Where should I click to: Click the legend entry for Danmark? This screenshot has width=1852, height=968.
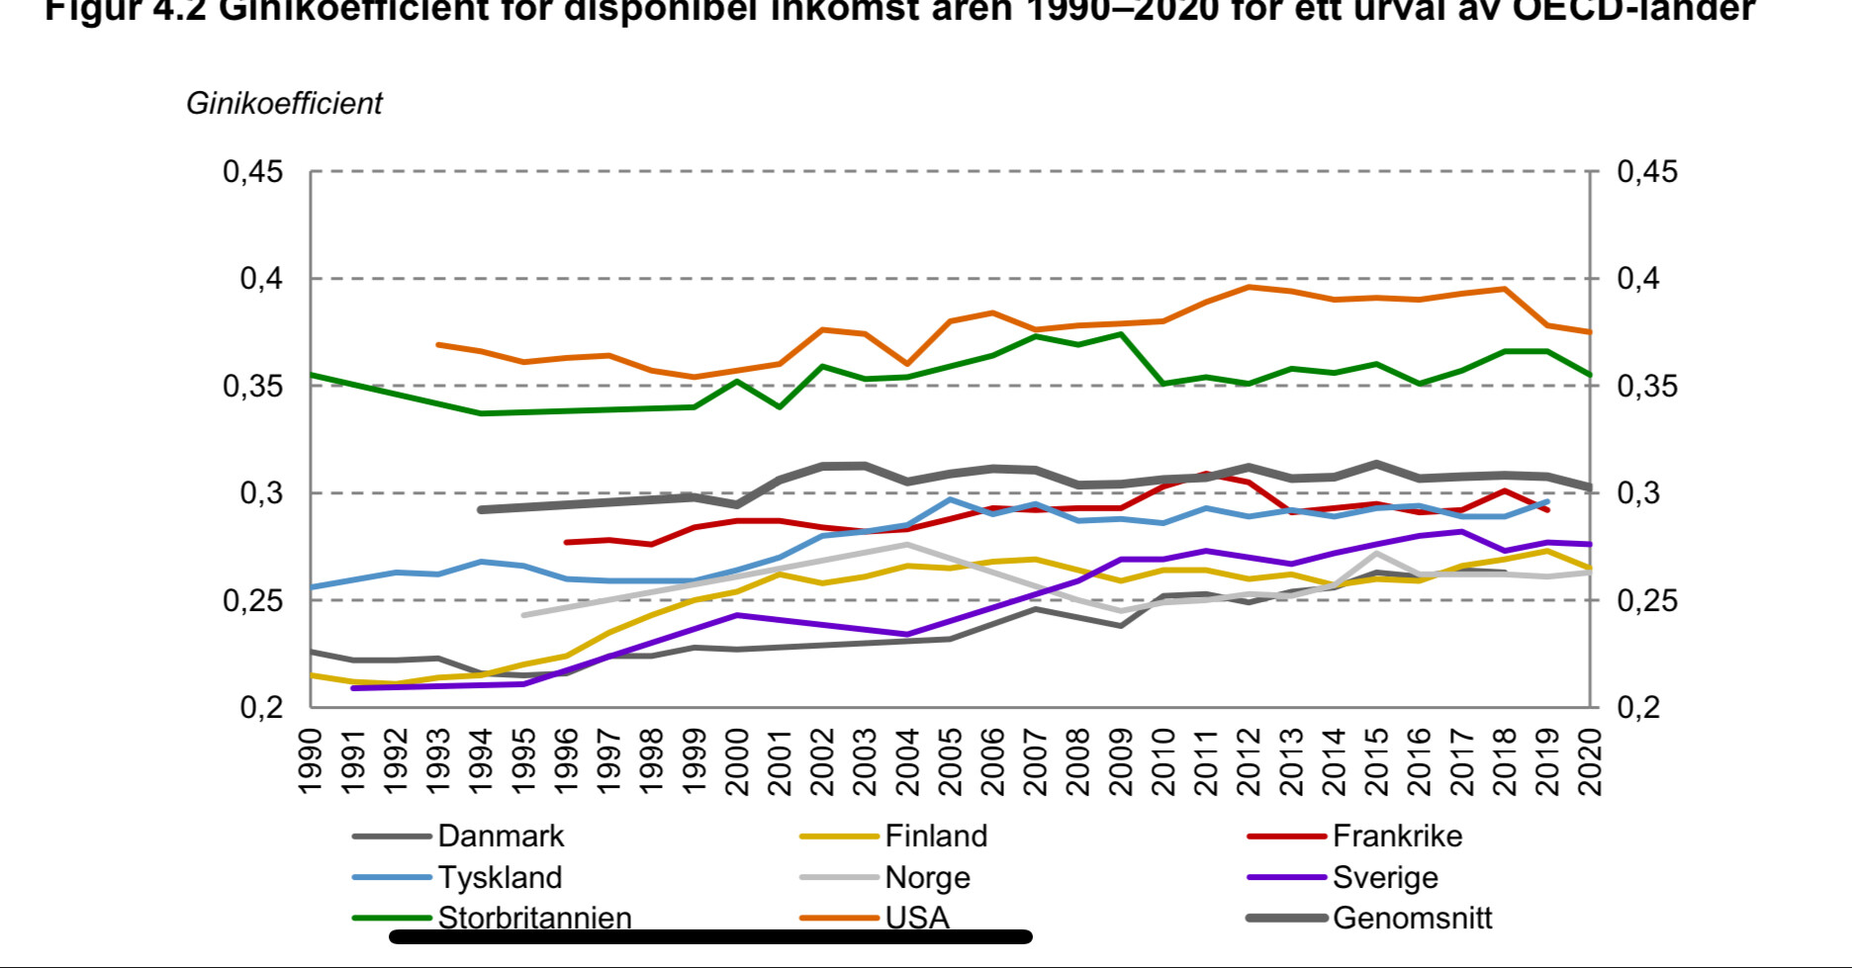(x=500, y=836)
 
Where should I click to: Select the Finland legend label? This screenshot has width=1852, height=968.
(x=936, y=836)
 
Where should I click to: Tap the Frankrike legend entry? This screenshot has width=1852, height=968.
(x=1397, y=836)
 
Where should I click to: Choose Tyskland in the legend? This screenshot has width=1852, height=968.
(x=500, y=878)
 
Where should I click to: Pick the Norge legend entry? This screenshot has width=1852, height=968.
(x=927, y=878)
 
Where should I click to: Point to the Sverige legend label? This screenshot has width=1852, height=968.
(x=1385, y=878)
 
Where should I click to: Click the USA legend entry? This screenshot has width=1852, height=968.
(x=917, y=919)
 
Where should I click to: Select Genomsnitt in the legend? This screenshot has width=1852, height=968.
(x=1412, y=919)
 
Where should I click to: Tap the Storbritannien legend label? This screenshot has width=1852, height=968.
(x=534, y=919)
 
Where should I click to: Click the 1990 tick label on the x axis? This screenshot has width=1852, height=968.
(x=311, y=761)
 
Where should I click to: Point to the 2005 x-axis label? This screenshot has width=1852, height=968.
(x=951, y=761)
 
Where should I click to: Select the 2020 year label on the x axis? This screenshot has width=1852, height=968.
(x=1590, y=761)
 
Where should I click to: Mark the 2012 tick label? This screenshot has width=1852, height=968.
(x=1250, y=761)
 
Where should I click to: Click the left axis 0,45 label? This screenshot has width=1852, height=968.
(x=253, y=172)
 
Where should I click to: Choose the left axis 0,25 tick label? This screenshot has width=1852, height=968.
(x=253, y=600)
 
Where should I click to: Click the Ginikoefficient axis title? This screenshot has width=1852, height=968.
(x=284, y=104)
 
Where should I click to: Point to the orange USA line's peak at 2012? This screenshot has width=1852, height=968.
(x=1250, y=287)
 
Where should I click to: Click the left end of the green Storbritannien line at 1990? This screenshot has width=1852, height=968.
(x=312, y=375)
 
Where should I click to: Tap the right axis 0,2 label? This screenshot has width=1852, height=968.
(x=1638, y=707)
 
